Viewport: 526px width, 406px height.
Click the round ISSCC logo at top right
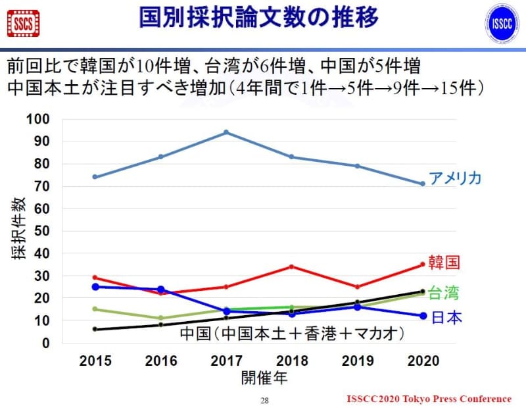504,24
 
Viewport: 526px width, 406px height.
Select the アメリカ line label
456,178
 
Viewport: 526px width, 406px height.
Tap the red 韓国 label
444,263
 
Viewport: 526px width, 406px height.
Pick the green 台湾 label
444,293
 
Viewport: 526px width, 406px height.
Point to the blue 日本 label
447,318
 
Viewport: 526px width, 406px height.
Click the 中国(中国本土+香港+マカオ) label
292,334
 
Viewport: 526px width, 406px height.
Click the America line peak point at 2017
226,132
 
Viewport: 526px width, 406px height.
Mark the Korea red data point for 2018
291,266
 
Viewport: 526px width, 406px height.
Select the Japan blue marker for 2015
95,287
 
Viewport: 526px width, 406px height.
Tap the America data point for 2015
95,177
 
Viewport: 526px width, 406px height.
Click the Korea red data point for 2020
422,265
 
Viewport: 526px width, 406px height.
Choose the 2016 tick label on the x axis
160,361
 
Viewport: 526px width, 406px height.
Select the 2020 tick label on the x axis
422,361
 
